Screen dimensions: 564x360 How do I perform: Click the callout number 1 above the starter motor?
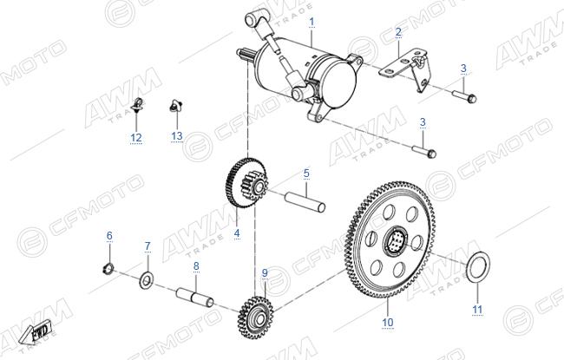coord(312,22)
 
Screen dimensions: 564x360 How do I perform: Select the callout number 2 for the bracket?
coord(398,32)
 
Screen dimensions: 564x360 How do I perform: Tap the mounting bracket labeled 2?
coord(406,70)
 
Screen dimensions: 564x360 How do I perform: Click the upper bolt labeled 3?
coord(464,96)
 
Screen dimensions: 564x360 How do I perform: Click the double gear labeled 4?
coord(247,183)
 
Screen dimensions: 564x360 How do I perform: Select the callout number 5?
coord(306,173)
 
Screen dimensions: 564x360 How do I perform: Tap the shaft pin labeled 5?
coord(305,202)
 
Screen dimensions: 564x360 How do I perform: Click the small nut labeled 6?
coord(108,268)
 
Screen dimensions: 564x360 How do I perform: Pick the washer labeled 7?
coord(146,280)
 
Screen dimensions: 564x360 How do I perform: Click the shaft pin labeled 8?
coord(194,297)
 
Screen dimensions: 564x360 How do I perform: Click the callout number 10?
coord(388,322)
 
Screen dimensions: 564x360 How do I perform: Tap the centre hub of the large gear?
coord(396,242)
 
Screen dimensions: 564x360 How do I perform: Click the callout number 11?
coord(477,310)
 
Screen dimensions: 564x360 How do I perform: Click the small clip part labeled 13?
coord(175,106)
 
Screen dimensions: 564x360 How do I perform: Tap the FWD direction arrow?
coord(36,335)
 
